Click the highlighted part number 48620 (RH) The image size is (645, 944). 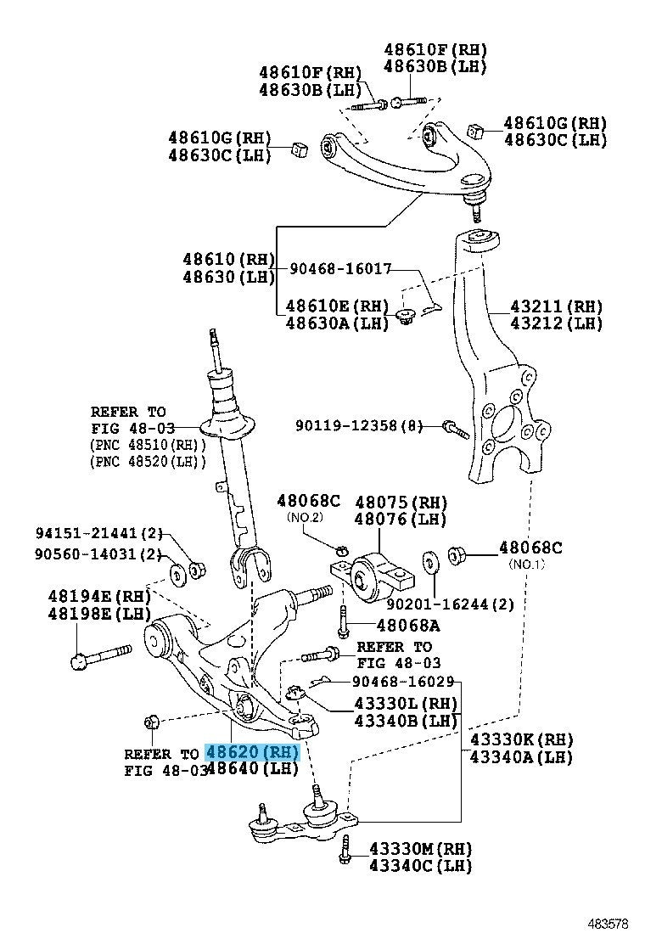pos(253,751)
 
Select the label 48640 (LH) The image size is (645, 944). pos(253,769)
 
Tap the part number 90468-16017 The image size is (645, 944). pos(340,268)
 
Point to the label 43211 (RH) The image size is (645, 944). pos(556,306)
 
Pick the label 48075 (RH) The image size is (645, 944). pos(401,502)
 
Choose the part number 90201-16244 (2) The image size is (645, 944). pos(450,604)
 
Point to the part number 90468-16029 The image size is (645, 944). pos(404,681)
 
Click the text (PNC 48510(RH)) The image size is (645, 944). pos(149,445)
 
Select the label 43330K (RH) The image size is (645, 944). pos(521,739)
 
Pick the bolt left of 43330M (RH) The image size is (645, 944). pos(345,850)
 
